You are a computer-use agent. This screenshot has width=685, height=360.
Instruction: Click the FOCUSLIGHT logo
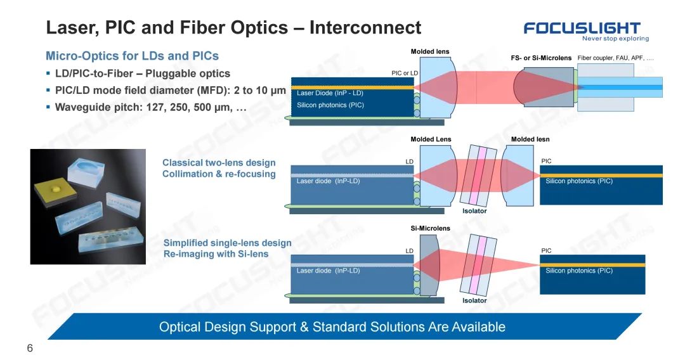(x=582, y=29)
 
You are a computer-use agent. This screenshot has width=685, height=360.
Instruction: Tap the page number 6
(x=30, y=348)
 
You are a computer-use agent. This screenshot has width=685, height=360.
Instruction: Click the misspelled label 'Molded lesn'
(x=530, y=139)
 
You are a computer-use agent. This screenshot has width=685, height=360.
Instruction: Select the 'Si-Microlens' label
(x=430, y=228)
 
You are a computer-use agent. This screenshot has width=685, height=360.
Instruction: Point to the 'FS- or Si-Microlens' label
(x=541, y=58)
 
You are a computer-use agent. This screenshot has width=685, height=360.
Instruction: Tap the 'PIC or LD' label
(x=405, y=73)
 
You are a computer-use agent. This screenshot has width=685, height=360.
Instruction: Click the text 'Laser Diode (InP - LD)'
(x=330, y=93)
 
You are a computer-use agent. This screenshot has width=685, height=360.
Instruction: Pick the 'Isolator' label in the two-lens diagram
(x=474, y=211)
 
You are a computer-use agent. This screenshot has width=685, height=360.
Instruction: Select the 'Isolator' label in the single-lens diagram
(x=474, y=300)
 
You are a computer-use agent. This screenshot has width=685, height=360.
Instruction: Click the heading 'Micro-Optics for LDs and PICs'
(x=132, y=56)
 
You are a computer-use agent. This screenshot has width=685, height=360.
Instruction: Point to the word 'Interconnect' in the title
(x=365, y=27)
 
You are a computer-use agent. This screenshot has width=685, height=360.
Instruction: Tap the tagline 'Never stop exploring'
(x=615, y=39)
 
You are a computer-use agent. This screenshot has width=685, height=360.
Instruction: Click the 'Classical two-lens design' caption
(x=219, y=162)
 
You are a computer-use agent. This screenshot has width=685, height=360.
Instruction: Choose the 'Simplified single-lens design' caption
(x=227, y=243)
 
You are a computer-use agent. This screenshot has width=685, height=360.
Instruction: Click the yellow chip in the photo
(x=55, y=192)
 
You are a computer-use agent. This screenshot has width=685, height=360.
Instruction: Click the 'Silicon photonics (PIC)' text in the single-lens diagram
(x=579, y=271)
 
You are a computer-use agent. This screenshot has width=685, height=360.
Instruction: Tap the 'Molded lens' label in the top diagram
(x=430, y=51)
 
